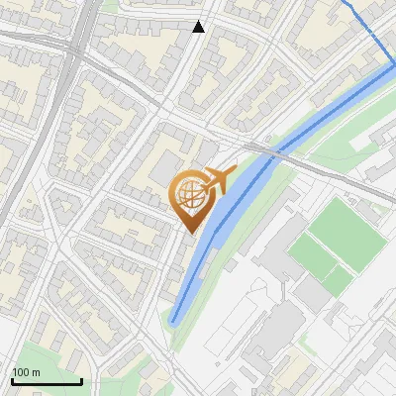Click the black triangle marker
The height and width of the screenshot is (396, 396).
pos(199,27)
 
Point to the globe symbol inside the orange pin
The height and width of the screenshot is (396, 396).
pos(189,195)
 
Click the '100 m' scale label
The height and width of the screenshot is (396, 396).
pos(26,372)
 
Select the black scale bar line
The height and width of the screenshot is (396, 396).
pos(47,381)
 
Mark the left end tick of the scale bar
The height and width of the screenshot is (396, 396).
pos(12,379)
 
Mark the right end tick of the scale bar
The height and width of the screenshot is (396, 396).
pos(81,379)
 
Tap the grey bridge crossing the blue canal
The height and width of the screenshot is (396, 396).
pos(275,150)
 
